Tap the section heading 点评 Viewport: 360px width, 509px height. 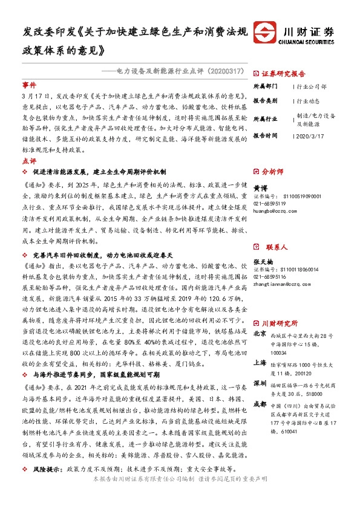coord(29,161)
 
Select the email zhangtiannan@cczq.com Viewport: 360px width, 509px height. coord(281,265)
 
